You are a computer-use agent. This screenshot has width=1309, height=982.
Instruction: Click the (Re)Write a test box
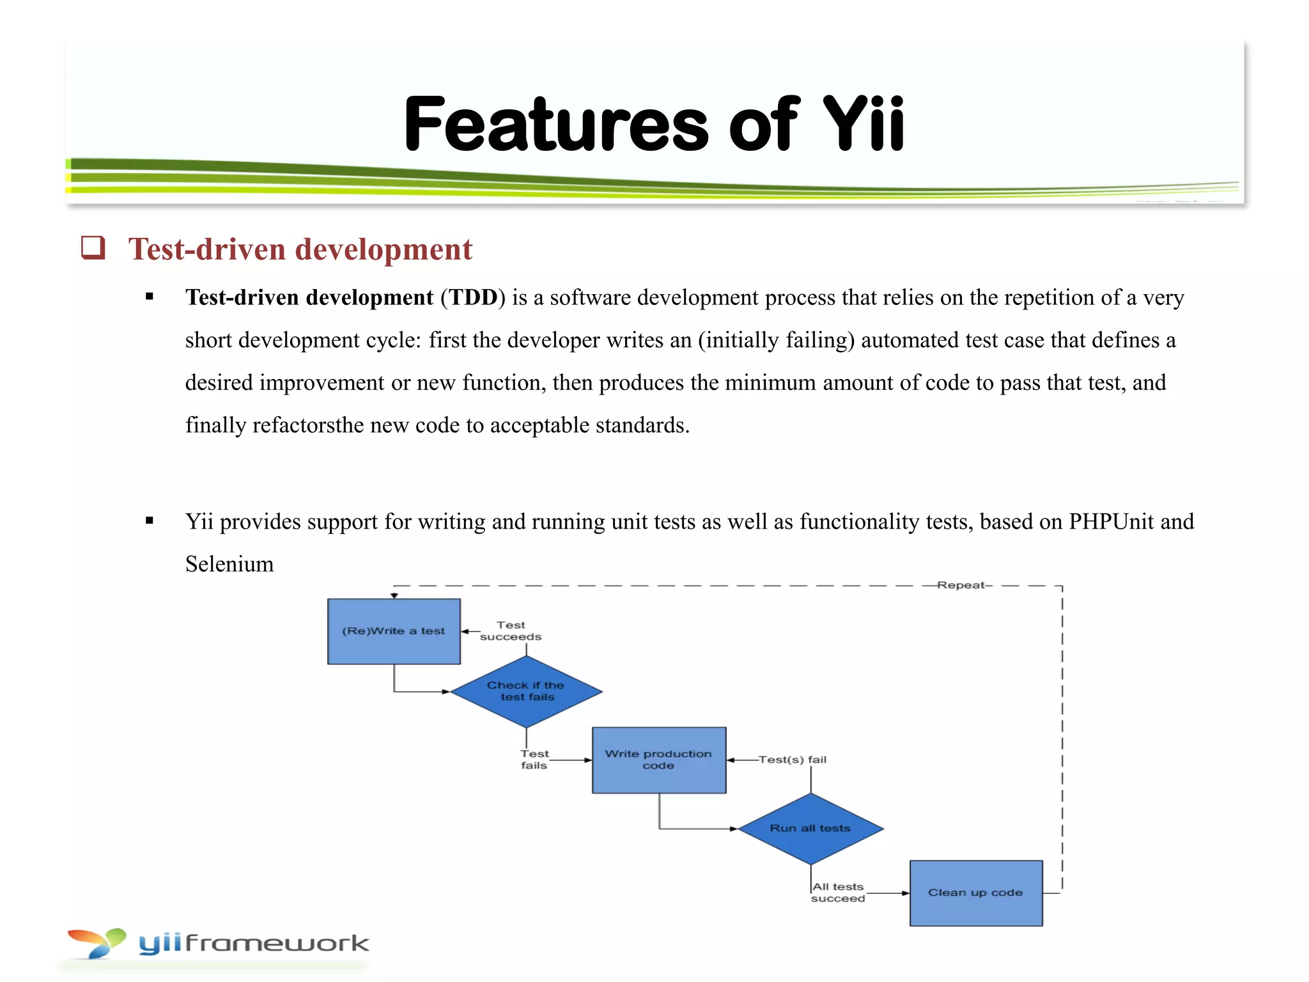[394, 631]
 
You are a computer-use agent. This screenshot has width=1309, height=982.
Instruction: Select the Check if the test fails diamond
[526, 691]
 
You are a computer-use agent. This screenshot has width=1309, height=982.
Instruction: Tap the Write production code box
[658, 760]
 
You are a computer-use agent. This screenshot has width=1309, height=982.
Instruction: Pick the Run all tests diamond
[810, 829]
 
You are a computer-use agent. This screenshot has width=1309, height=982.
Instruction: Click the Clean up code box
[975, 892]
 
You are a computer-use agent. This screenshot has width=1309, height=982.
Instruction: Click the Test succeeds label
[511, 631]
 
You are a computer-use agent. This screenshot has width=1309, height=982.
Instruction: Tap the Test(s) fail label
[793, 760]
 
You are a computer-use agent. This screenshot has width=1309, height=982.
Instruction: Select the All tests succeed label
[838, 892]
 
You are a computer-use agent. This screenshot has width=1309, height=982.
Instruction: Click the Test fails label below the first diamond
[534, 760]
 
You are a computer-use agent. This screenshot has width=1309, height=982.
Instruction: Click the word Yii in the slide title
[863, 124]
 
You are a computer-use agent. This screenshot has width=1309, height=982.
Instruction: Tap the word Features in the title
[556, 124]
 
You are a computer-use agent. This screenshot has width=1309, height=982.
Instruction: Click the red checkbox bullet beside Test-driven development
[93, 247]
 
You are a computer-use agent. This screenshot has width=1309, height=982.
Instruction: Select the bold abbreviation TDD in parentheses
[473, 298]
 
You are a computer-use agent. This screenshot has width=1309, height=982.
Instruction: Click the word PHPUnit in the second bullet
[1111, 522]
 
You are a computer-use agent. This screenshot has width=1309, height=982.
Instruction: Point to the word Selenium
[229, 564]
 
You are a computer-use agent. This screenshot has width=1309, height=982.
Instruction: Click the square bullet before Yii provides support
[150, 520]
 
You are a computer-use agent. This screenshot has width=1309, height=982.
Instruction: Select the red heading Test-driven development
[300, 249]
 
